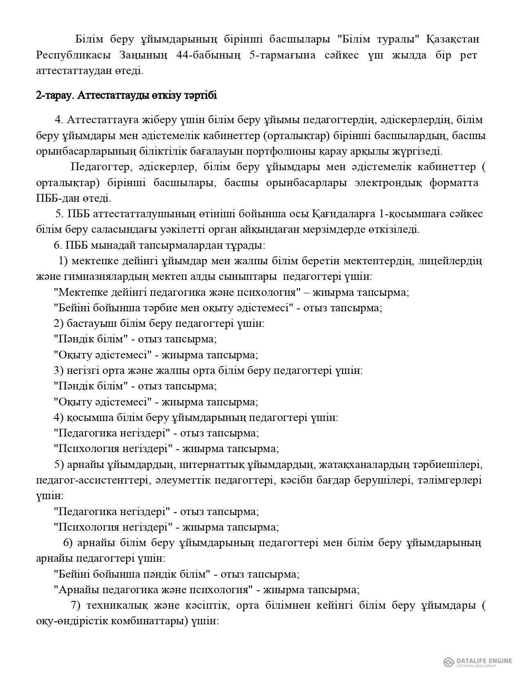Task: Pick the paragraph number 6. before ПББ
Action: coord(58,245)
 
